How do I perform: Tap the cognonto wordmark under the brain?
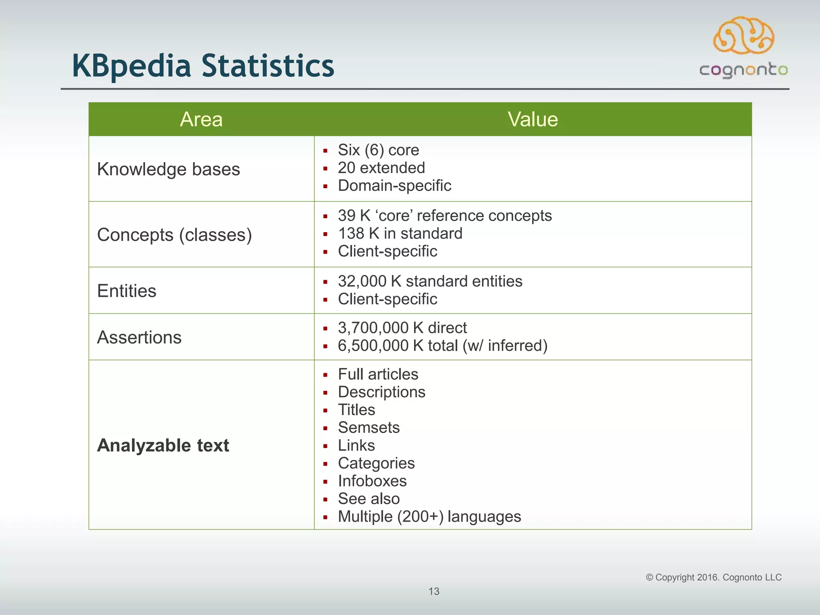coord(744,70)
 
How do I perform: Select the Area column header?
coord(201,119)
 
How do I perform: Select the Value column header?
coord(533,119)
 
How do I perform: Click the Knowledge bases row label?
coord(169,169)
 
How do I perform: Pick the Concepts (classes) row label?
coord(175,235)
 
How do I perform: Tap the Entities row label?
coord(127,291)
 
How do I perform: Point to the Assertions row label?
coord(139,337)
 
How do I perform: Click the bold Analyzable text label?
coord(163,445)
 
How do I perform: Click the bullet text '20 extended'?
coord(381,168)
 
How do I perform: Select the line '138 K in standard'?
coord(400,233)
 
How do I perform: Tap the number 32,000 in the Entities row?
coord(362,281)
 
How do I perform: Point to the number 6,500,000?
coord(373,346)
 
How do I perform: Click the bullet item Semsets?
coord(369,428)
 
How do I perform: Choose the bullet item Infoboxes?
coord(372,481)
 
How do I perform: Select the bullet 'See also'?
coord(369,499)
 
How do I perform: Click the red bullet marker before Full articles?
coord(326,375)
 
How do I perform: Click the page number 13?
coord(434,591)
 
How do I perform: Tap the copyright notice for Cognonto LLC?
coord(713,577)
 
